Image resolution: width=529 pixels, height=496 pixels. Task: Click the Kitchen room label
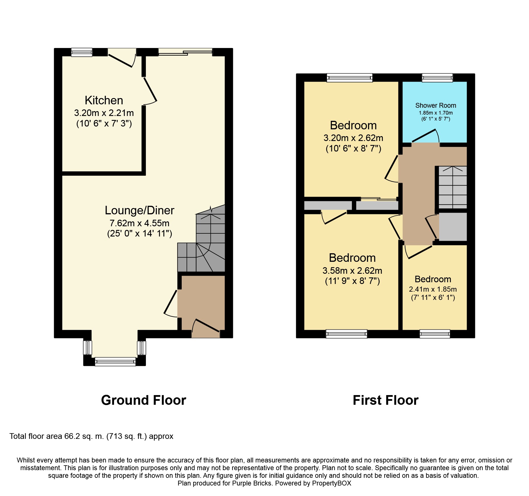click(104, 100)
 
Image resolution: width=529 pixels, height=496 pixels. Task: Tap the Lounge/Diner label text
click(139, 210)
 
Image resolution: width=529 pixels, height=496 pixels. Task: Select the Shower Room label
click(436, 105)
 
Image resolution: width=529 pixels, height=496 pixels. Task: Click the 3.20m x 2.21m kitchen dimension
click(104, 113)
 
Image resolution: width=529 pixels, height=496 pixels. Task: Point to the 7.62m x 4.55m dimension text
click(139, 223)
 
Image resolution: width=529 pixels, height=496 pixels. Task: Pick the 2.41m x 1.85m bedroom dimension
click(433, 289)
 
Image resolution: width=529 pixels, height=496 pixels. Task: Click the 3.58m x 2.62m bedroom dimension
click(352, 270)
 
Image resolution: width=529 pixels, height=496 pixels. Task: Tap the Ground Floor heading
click(144, 400)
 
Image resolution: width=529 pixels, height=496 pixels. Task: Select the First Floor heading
click(386, 400)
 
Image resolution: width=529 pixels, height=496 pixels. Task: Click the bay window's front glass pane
click(115, 362)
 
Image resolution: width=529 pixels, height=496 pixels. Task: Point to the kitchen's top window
click(82, 52)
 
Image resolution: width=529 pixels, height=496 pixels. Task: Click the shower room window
click(437, 78)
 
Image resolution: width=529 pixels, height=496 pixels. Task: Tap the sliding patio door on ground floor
click(185, 52)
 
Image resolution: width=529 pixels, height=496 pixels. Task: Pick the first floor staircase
click(452, 188)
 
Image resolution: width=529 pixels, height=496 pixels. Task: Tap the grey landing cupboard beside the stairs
click(453, 227)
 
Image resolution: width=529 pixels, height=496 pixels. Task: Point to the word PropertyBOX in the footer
click(332, 483)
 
